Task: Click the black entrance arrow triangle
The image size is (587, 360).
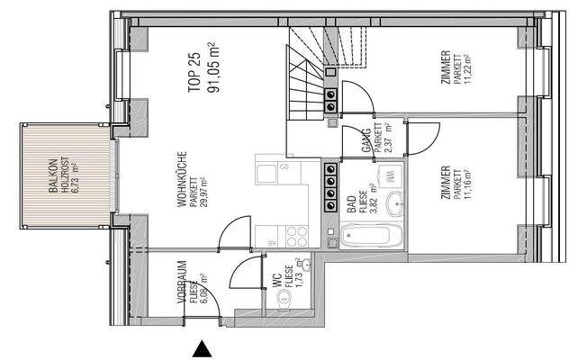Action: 204,348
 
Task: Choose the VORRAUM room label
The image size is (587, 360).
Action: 181,281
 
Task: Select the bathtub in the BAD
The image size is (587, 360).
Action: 366,238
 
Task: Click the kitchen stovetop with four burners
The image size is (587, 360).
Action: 295,237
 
